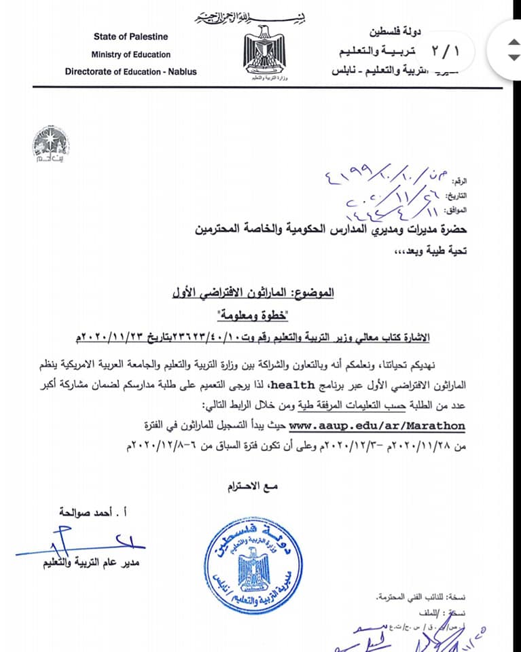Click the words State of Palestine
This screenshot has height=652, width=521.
coord(130,37)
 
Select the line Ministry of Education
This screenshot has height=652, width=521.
coord(131,54)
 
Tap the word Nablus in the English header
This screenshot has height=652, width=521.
coord(181,71)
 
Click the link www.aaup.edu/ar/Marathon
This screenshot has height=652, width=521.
coord(377,426)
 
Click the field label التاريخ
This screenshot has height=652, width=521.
coord(458,196)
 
